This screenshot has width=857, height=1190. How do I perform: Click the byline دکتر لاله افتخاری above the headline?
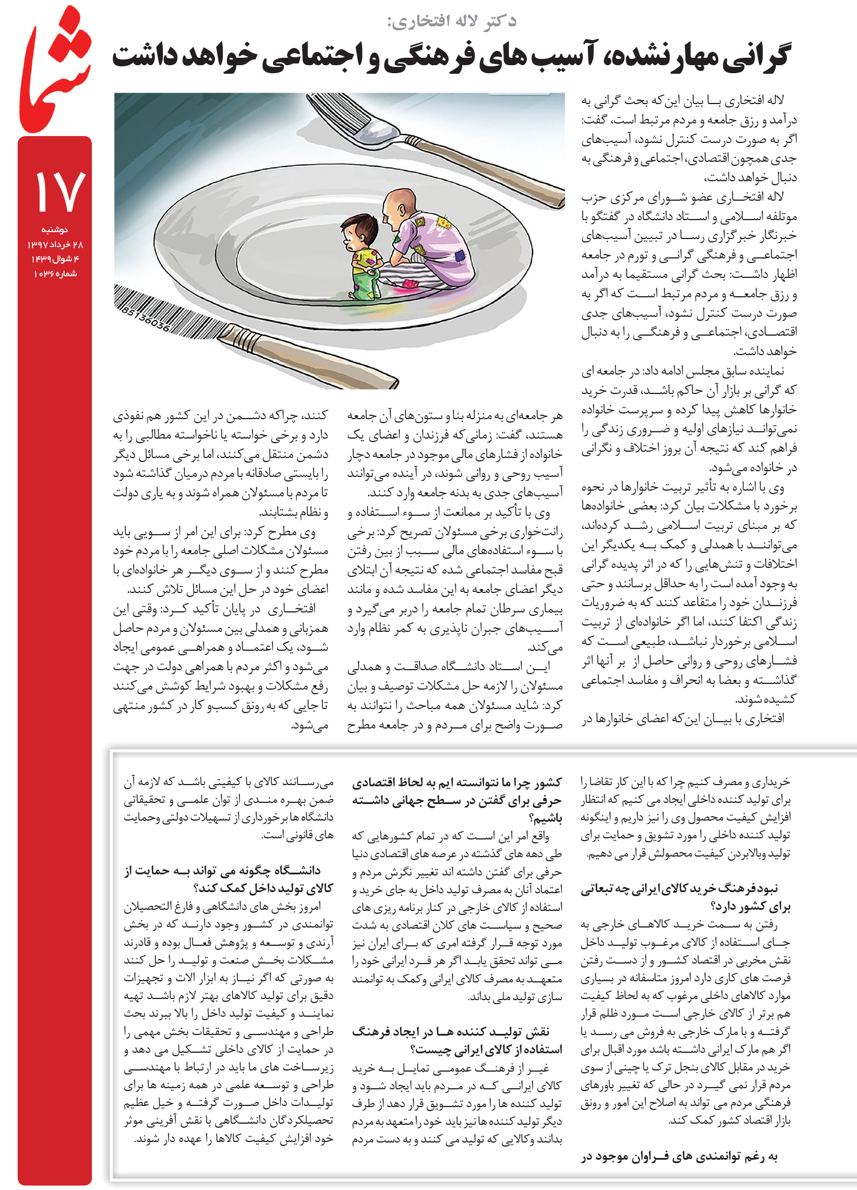click(451, 22)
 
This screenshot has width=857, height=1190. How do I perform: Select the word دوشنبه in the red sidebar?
click(54, 230)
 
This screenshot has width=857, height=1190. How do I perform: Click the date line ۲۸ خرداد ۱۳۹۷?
click(55, 245)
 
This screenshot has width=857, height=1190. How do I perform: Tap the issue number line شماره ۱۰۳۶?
click(55, 274)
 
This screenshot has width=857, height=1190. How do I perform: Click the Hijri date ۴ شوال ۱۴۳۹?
click(55, 259)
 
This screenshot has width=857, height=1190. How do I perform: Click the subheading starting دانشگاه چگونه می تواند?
click(229, 879)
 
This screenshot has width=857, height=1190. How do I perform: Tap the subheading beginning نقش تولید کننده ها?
click(457, 1040)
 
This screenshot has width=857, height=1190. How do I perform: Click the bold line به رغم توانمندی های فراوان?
click(680, 1157)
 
